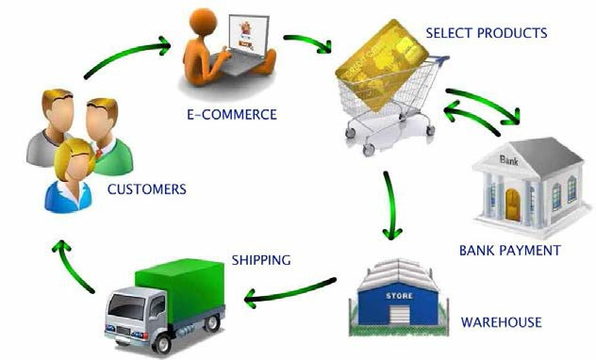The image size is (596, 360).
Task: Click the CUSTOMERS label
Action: click(x=146, y=189)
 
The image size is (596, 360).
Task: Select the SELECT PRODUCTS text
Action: click(x=486, y=33)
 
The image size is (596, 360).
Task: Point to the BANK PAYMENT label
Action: click(x=509, y=251)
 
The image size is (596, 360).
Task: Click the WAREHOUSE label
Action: click(x=501, y=322)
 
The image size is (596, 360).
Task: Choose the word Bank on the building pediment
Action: click(x=510, y=159)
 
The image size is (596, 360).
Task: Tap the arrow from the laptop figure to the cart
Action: click(x=311, y=42)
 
